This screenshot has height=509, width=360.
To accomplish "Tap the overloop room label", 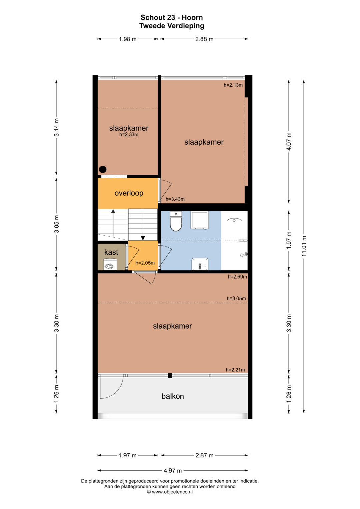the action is coord(129,193).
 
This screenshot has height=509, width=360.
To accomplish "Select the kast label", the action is coord(111,252).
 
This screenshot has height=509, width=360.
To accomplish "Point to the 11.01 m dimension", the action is coord(304,246).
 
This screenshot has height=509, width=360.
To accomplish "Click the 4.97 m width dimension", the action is coord(173,470).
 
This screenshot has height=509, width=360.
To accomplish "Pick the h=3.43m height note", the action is coord(175,199).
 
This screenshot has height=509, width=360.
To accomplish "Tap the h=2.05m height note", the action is coord(145,263).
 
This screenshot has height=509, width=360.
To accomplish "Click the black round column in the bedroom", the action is coord(103,169).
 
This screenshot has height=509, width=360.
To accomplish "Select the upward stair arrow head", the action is coord(113,211).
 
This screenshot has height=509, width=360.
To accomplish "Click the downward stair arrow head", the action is coord(143,238).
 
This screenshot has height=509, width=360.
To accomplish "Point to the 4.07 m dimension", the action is coord(289,141).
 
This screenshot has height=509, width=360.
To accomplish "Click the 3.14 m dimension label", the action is coord(56,127).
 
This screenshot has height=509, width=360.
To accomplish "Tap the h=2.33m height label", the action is coord(129,135).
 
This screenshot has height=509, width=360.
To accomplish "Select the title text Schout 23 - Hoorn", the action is coord(172,17).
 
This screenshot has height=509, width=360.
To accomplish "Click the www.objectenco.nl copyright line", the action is coord(170,492).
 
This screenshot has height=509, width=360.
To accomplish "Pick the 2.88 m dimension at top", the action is coord(204,39).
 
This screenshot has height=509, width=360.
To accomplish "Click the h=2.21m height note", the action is coord(235,370).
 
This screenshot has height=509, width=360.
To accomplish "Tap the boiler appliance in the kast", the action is coord(110,264).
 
